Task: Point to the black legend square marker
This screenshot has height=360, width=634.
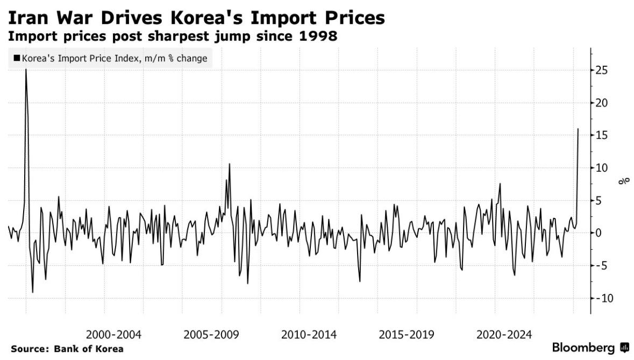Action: (17, 58)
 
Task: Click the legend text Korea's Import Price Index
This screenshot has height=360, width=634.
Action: (79, 58)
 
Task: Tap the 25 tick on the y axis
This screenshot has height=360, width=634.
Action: (602, 70)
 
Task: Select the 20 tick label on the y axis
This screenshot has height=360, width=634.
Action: (602, 103)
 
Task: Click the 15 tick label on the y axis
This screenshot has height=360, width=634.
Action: (602, 136)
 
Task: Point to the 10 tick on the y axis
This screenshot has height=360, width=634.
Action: (602, 168)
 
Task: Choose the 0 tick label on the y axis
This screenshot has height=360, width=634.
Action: (599, 233)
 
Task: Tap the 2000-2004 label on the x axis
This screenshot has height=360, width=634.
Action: (113, 335)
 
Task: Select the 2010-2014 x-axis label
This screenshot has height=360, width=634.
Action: (309, 335)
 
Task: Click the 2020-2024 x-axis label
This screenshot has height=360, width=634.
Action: (504, 335)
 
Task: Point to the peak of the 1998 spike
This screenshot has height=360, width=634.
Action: (26, 70)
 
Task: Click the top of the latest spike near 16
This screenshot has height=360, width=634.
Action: (578, 129)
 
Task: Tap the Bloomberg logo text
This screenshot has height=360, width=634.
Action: (584, 348)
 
